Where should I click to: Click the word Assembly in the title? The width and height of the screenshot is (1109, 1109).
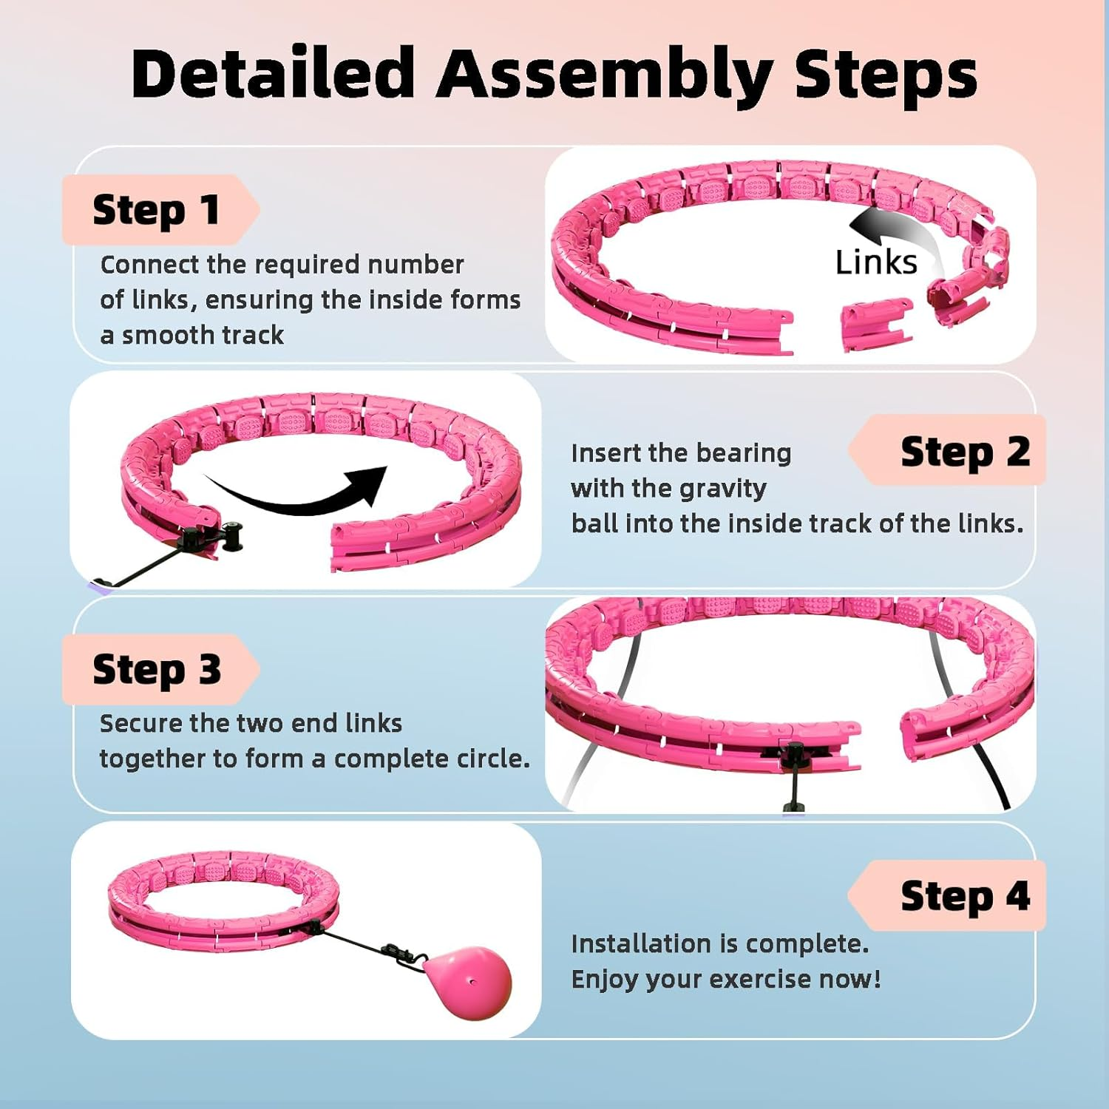tap(604, 74)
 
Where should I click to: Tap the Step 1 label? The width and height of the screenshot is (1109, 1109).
tap(156, 210)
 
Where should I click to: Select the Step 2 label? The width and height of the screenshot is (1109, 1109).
tap(964, 451)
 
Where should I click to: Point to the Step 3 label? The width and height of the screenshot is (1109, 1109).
tap(156, 669)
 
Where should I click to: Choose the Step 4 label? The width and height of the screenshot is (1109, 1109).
tap(964, 895)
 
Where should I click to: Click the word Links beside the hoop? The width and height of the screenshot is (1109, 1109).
tap(876, 262)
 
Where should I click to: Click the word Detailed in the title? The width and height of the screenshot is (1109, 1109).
tap(273, 74)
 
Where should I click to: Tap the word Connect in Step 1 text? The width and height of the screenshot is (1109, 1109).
tap(150, 265)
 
